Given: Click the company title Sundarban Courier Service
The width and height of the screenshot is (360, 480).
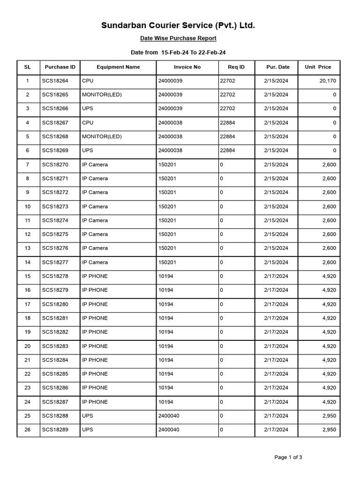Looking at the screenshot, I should pos(178,25).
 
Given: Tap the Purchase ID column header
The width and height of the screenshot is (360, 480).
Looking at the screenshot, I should pos(60,67).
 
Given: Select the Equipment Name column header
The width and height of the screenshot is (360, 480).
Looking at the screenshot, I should pos(118,67).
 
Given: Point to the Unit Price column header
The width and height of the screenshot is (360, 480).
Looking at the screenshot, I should pos(318,67).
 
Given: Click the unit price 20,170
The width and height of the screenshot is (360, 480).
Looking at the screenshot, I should pos(327,81).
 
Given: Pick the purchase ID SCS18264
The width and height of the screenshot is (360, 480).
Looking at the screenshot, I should pos(55,81).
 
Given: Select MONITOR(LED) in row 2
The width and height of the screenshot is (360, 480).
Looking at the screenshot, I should pos(102,95).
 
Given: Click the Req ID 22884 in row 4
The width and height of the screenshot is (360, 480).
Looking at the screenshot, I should pos(227,123).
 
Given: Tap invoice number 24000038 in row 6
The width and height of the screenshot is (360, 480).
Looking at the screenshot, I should pos(170,150).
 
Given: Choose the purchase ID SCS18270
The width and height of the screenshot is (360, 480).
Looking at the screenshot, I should pos(55,165).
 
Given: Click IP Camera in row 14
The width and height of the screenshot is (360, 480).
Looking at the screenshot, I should pos(95,262).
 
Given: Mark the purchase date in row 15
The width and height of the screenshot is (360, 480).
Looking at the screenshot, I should pos(276,276).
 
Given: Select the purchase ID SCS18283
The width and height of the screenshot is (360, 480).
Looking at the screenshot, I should pos(55,346).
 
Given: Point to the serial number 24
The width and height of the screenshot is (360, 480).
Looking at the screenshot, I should pos(27,402).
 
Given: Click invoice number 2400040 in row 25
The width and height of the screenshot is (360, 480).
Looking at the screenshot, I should pos(169,416).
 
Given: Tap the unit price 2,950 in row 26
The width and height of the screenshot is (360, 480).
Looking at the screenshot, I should pos(329,430).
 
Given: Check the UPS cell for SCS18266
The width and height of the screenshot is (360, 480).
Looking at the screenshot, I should pos(88,109).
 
